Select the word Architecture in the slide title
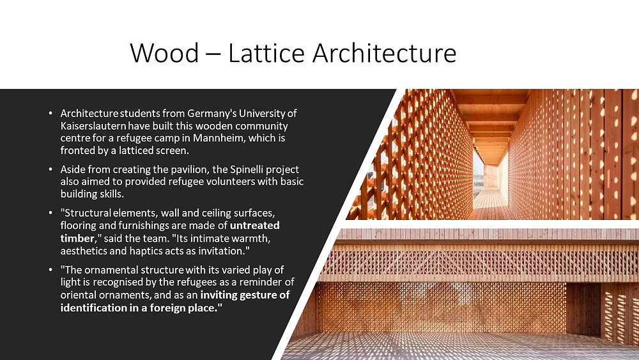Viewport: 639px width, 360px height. (x=385, y=53)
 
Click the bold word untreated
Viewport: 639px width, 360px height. (x=254, y=225)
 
